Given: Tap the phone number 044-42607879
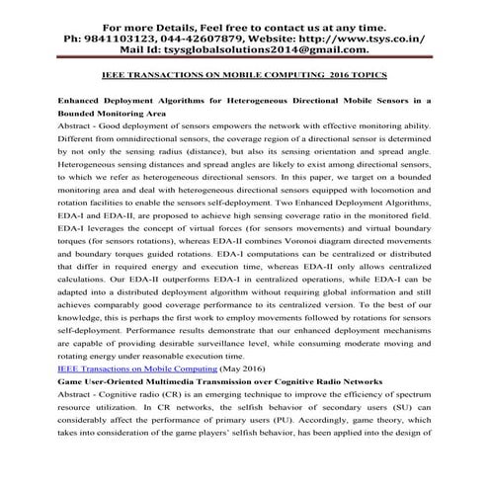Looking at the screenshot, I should tap(203, 38).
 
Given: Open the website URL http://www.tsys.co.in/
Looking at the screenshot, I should tap(367, 38).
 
